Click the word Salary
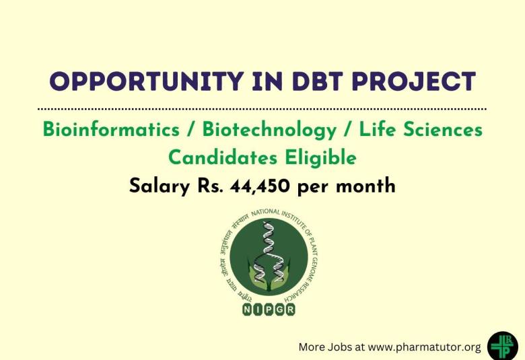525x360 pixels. click(160, 186)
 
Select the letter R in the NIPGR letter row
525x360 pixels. click(290, 310)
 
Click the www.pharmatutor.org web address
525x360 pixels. click(425, 347)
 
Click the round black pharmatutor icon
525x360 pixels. click(503, 345)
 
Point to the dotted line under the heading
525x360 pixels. click(262, 108)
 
